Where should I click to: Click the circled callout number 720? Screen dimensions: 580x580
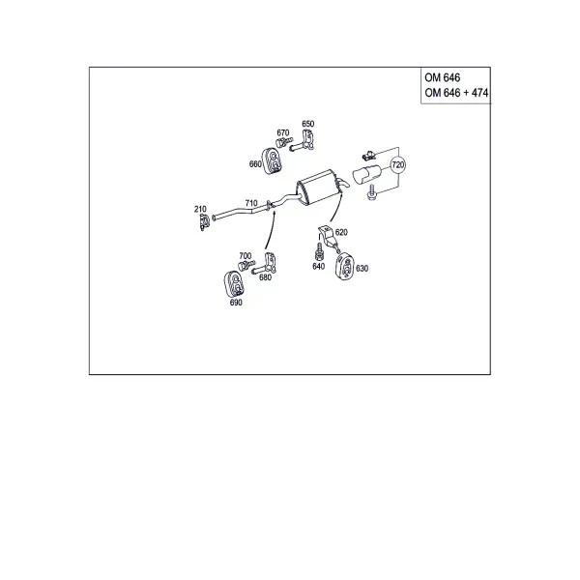tap(397, 164)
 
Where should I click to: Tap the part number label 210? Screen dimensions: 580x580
tap(200, 209)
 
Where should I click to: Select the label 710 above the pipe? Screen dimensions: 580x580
tap(251, 203)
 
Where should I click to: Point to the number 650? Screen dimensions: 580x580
tap(308, 124)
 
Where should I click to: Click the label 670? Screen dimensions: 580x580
tap(283, 132)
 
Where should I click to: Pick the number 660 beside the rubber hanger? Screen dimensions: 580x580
tap(255, 164)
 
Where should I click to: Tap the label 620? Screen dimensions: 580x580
tap(341, 232)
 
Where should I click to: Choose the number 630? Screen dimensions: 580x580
tap(362, 268)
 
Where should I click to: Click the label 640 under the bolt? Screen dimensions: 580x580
tap(318, 267)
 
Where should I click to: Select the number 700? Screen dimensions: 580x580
tap(246, 255)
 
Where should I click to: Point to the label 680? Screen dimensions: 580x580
tap(265, 277)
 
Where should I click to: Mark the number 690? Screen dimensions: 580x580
tap(236, 303)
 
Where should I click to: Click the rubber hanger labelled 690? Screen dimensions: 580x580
tap(234, 283)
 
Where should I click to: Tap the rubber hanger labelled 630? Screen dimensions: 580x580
tap(345, 266)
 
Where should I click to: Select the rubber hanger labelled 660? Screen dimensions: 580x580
tap(272, 160)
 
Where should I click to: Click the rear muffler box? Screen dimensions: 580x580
tap(318, 187)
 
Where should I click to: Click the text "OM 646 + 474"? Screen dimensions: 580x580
tap(456, 93)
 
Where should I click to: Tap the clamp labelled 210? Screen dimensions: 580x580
tap(204, 221)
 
